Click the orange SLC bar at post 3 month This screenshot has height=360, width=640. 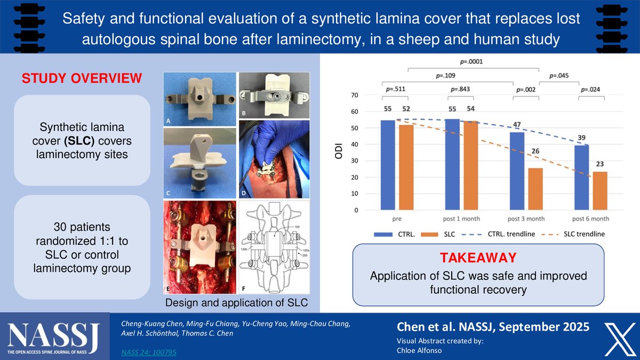(x=535, y=189)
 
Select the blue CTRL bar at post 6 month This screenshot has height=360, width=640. (x=582, y=178)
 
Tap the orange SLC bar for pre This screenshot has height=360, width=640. (x=406, y=167)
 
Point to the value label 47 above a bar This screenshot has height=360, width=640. (x=517, y=125)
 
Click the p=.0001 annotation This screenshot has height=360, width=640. (x=471, y=61)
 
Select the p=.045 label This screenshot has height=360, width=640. (x=559, y=76)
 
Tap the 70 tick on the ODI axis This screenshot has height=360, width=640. (x=354, y=95)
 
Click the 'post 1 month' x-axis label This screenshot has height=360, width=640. (x=461, y=219)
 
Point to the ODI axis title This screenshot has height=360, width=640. (x=339, y=151)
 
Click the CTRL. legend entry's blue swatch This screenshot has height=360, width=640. (x=383, y=235)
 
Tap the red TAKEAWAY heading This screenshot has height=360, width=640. (x=478, y=258)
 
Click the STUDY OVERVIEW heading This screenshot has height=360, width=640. (x=82, y=78)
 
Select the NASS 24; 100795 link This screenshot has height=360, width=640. (x=149, y=353)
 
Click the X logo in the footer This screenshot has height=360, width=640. (x=619, y=339)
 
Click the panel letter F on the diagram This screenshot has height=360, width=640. (x=243, y=289)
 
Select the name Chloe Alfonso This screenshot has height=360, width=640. (x=419, y=350)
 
